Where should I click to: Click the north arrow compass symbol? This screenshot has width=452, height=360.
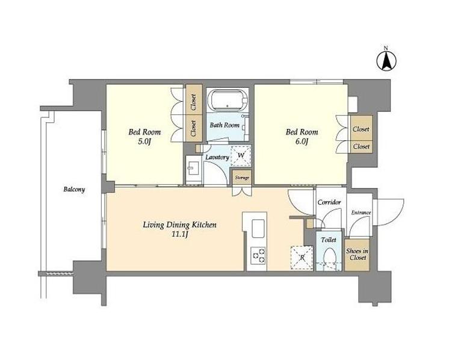click(386, 60)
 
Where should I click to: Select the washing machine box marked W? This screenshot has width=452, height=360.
click(241, 156)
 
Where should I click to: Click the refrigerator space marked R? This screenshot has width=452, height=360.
click(302, 258)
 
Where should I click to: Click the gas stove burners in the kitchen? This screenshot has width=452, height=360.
click(258, 255)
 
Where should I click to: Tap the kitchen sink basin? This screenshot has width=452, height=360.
click(258, 229)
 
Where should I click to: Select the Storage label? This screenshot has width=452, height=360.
click(242, 178)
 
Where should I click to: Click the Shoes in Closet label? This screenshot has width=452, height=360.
click(358, 255)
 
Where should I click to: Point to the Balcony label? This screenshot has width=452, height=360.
click(74, 190)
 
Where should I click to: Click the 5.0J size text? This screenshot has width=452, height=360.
click(144, 141)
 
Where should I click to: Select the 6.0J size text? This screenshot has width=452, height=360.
click(302, 141)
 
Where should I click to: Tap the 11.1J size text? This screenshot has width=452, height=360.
click(180, 234)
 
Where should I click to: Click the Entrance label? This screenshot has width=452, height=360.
click(361, 213)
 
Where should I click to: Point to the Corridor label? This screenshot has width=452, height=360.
click(329, 202)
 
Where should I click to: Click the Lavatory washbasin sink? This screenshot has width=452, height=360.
click(193, 168)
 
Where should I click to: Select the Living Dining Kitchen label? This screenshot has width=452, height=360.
click(179, 225)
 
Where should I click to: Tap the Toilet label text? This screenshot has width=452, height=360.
click(329, 240)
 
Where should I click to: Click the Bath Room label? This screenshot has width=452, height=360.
click(224, 125)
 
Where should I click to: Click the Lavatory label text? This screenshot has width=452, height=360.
click(217, 157)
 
